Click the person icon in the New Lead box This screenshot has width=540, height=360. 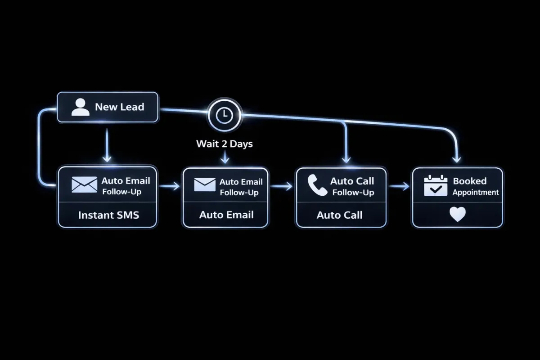pos(81,107)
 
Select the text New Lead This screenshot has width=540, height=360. pos(119,107)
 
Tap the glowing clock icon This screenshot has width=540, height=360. pos(224,116)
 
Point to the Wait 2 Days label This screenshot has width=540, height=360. pos(224,144)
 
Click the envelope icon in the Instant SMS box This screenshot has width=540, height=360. pos(84,184)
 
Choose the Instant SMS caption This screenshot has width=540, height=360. pos(108,215)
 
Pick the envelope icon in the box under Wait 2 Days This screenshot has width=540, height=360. pos(205,184)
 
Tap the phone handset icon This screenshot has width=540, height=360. pos(317,185)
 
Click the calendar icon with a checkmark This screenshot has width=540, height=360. pos(436,186)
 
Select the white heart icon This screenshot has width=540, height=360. pos(457,215)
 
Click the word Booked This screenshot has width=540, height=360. pos(469,181)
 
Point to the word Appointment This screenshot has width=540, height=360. pos(476,193)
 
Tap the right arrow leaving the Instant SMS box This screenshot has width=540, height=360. pos(170,186)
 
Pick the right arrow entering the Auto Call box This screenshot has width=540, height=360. pos(283,186)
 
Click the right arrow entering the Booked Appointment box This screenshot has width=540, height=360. pos(400,186)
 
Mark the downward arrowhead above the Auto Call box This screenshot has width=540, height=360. pos(346,159)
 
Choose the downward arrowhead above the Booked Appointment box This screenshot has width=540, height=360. pos(457,159)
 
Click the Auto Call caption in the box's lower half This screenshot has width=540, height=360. pos(339,215)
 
